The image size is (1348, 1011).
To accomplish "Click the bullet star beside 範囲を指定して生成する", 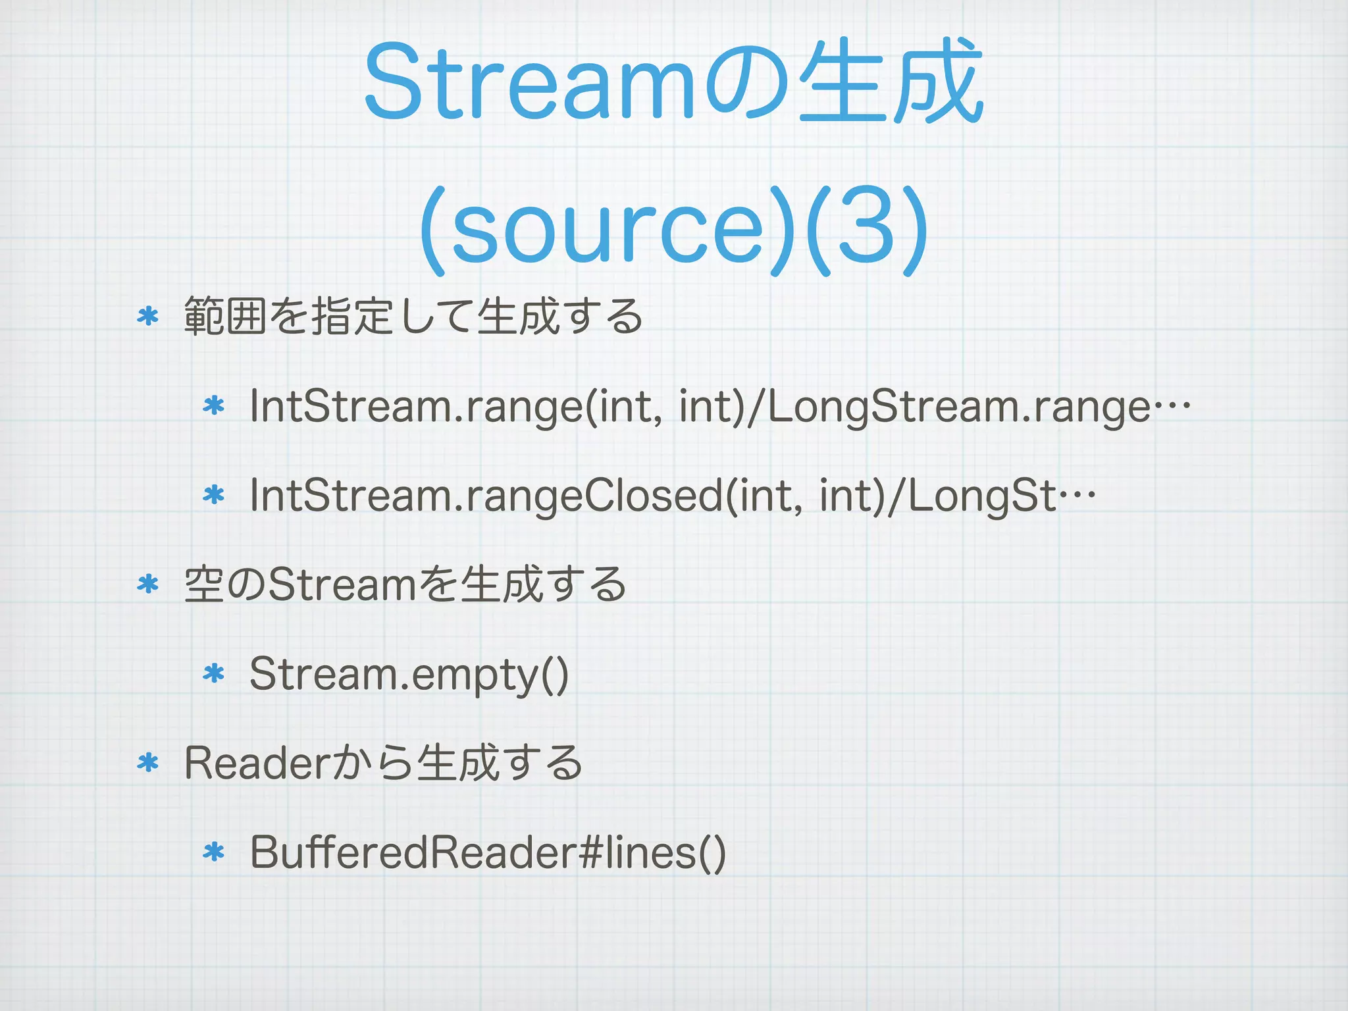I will point(148,317).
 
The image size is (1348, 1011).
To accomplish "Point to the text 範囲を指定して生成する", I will point(413,317).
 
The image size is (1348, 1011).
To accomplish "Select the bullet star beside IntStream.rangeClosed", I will point(214,494).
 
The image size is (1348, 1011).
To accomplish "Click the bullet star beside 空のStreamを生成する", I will point(148,584).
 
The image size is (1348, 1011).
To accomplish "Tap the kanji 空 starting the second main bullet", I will point(202,584).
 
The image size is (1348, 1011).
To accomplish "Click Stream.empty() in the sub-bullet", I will point(409,674).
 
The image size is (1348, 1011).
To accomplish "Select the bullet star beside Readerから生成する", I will point(148,763).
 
